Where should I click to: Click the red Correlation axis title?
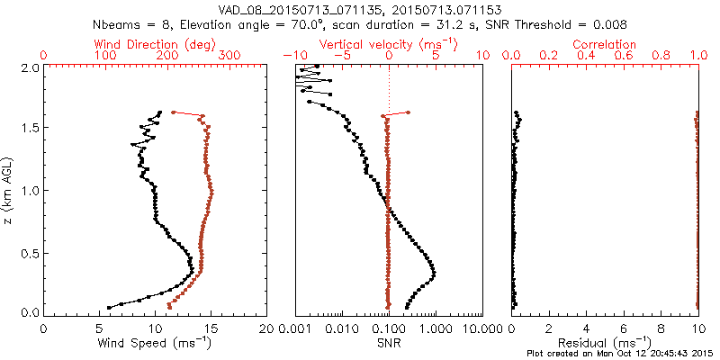coord(605,44)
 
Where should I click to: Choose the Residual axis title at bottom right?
coord(605,342)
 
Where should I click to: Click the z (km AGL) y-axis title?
coord(9,190)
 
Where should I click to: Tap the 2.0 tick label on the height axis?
coord(29,67)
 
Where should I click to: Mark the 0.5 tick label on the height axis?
coord(29,252)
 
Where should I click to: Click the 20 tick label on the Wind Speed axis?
coord(266,328)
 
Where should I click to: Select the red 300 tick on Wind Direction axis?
coord(229,56)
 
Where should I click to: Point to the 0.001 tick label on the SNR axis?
coord(295,328)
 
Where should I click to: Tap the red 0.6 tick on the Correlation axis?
coord(624,56)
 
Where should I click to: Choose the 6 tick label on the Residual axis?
coord(624,328)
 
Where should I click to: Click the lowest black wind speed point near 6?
coord(109,307)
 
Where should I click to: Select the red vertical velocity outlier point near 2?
coord(408,112)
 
